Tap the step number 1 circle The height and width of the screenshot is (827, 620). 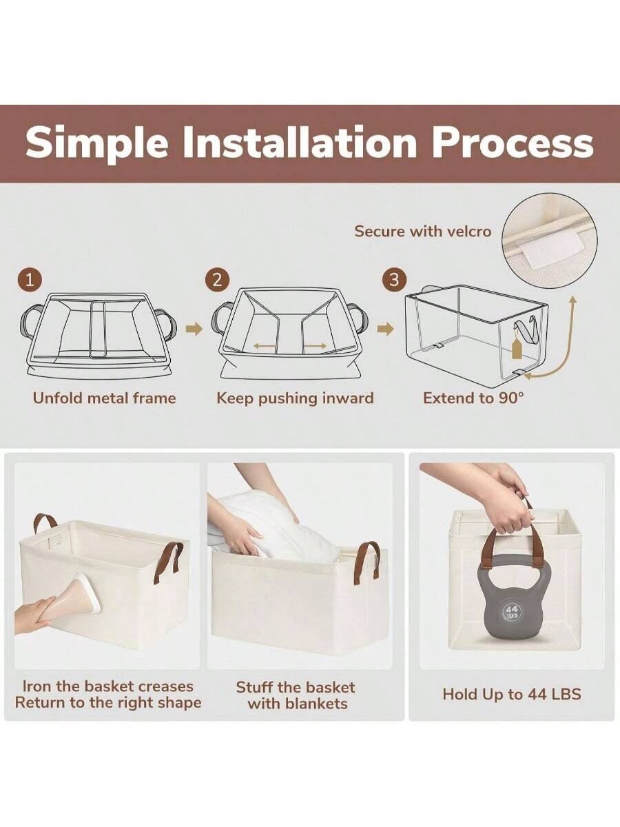(29, 280)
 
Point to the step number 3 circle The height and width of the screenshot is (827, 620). (394, 280)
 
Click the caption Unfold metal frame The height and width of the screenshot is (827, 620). (104, 398)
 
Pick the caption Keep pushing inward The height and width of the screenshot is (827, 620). (295, 398)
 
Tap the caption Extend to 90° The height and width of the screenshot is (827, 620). (473, 398)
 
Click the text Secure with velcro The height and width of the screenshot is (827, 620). (422, 231)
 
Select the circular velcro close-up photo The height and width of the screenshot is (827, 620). (549, 241)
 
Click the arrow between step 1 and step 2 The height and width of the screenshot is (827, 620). (195, 329)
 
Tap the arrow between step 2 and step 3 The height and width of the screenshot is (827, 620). (386, 329)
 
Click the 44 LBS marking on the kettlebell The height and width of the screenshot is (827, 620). (511, 612)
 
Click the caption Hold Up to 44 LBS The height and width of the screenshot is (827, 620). (511, 694)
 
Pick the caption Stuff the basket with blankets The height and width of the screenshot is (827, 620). (296, 695)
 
